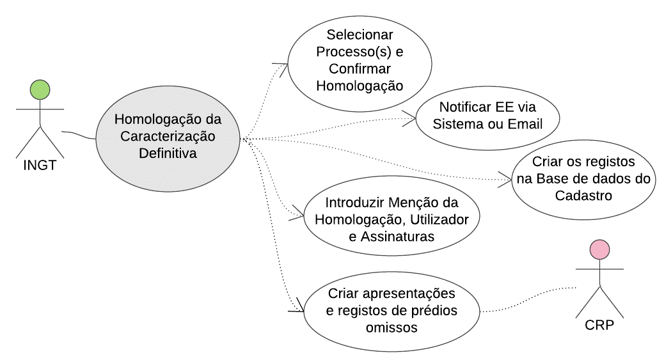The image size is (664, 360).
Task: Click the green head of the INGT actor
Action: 40,90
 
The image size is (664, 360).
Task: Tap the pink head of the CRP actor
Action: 599,250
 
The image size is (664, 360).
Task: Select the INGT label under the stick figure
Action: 40,165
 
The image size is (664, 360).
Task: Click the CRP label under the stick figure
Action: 599,325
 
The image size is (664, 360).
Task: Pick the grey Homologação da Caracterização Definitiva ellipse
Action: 168,139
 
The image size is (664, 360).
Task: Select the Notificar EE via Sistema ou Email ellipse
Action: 487,118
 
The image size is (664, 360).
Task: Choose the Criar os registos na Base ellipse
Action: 583,180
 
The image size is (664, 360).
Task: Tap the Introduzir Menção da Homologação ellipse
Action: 391,216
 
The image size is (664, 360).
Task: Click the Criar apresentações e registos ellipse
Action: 391,311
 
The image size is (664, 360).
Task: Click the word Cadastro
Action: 583,196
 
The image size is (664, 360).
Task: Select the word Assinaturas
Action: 397,237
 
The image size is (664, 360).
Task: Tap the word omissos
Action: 391,327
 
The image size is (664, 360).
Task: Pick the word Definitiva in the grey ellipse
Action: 168,153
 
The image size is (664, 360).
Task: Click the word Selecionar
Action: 360,35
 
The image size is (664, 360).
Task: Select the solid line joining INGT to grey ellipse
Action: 79,135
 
